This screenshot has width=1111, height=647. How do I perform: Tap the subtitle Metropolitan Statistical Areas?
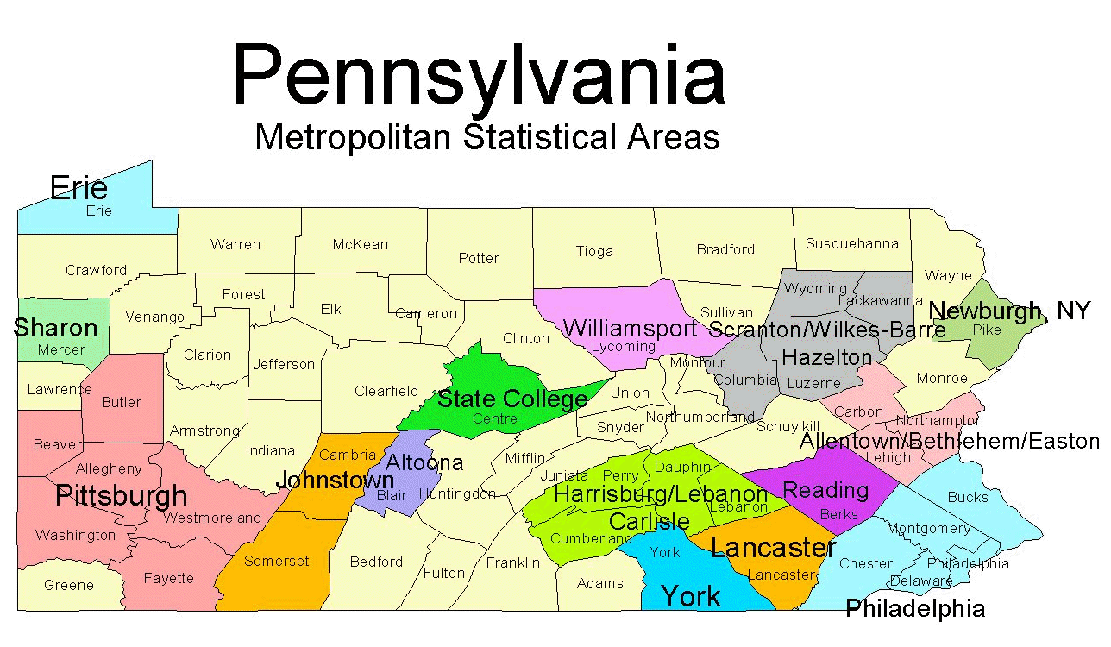point(487,137)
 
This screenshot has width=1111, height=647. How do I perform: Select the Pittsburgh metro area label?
point(121,495)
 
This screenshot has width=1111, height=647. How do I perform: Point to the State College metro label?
point(512,399)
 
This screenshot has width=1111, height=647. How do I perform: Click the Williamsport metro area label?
point(630,328)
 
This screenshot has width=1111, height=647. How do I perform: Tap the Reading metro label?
point(825,490)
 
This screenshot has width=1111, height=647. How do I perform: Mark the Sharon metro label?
point(55,328)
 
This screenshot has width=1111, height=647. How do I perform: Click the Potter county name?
point(479,258)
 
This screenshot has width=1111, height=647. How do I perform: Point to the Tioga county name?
point(594,251)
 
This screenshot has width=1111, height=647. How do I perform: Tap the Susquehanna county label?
point(851,244)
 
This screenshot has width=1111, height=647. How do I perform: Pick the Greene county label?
point(69,585)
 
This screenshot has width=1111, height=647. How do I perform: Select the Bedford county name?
point(376,562)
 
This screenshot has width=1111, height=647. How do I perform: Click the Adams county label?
point(599,583)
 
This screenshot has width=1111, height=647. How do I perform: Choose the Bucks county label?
point(968,497)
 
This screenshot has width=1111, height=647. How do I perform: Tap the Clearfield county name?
point(386,391)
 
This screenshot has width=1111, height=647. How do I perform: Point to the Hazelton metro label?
point(827,356)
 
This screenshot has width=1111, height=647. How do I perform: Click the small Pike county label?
point(987,330)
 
